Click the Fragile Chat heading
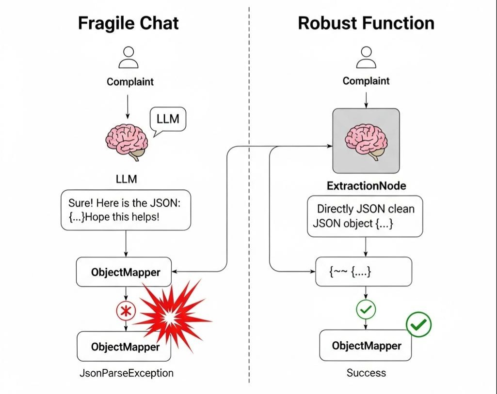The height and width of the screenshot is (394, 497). (x=128, y=23)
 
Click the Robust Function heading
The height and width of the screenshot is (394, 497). (x=366, y=23)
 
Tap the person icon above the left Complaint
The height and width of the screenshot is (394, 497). (x=128, y=58)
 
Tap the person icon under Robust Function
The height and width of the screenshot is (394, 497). (x=366, y=58)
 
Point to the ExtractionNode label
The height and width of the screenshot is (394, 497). (x=366, y=186)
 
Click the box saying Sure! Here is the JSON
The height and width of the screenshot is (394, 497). (x=126, y=210)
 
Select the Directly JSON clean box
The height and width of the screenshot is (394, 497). (x=365, y=216)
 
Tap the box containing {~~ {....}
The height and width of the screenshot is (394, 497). (x=364, y=272)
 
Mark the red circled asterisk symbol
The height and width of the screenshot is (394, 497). (x=126, y=311)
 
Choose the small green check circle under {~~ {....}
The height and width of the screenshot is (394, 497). (x=366, y=310)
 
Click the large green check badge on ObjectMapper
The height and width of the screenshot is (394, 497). (x=418, y=324)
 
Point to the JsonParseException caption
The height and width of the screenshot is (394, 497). (x=126, y=373)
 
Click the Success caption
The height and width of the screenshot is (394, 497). (x=366, y=373)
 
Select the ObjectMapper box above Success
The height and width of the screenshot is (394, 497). (x=366, y=346)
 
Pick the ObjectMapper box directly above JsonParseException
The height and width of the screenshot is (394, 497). (x=124, y=347)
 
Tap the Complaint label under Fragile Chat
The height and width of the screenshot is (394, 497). (x=130, y=82)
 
